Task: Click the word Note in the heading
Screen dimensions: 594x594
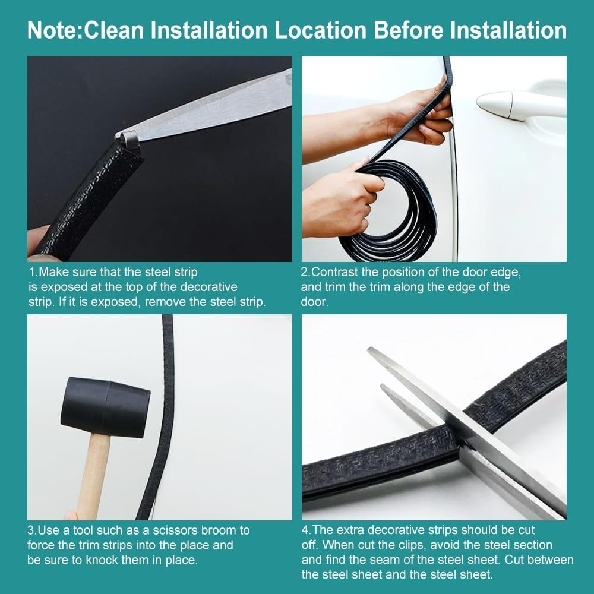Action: point(52,30)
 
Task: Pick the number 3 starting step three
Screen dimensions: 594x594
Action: point(31,530)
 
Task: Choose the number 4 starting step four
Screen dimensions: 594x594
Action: point(305,530)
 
